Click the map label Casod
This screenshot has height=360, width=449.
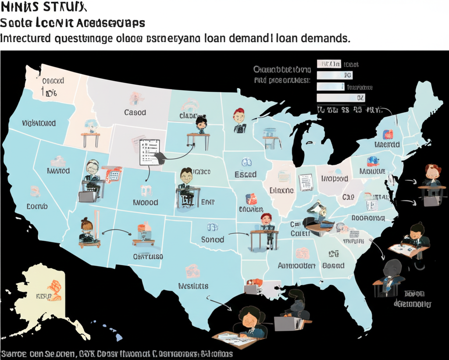(x=135, y=112)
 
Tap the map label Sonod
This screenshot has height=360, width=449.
(x=213, y=239)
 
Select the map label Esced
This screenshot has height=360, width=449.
(x=246, y=175)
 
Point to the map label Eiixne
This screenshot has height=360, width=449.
(x=282, y=191)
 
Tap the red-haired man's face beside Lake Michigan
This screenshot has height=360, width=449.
(x=239, y=116)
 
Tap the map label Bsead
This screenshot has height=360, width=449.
(x=333, y=265)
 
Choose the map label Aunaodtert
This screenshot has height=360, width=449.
(x=297, y=266)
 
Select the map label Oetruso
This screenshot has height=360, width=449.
(x=148, y=257)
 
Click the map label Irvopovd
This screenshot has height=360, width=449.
(x=335, y=178)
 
